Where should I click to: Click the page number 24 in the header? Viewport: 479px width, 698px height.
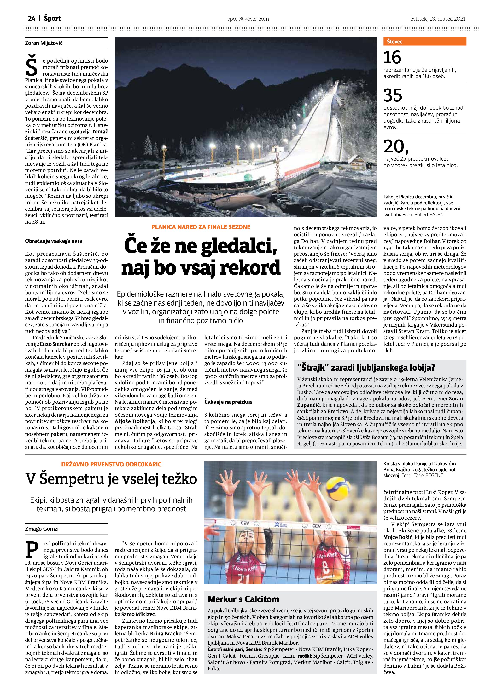32,19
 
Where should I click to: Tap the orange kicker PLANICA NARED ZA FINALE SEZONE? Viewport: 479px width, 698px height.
201,227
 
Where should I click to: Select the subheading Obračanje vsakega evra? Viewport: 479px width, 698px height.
54,241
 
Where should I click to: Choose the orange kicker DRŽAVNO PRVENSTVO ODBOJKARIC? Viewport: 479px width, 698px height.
111,464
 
